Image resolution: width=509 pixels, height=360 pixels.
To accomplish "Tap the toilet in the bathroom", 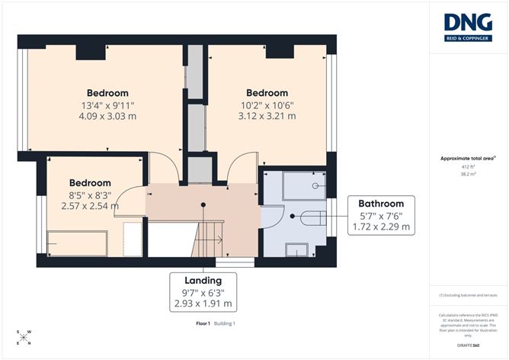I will [312, 217].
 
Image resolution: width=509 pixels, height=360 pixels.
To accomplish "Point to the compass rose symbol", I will [24, 336].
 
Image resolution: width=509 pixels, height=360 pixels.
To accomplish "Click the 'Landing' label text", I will [202, 280].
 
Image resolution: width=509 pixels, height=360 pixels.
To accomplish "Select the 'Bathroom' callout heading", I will [381, 204].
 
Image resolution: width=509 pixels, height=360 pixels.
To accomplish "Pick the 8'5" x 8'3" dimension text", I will [90, 194].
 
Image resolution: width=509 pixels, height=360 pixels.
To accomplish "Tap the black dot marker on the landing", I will [203, 204].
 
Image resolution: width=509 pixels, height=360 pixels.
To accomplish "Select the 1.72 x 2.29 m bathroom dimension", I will [381, 227].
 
